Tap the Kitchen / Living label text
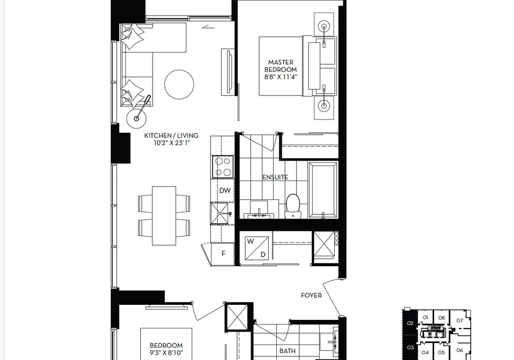click(171, 136)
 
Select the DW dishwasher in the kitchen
click(225, 191)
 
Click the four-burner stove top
click(223, 167)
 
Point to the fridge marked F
click(223, 254)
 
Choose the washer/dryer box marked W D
click(256, 248)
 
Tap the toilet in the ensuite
click(293, 206)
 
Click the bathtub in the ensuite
click(323, 190)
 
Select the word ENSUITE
click(275, 177)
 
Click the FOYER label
click(312, 295)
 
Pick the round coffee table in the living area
click(179, 84)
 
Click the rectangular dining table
click(164, 216)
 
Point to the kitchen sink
click(220, 213)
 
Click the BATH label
click(288, 351)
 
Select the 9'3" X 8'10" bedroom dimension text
click(166, 353)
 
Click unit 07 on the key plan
click(459, 321)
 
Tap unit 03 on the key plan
click(411, 348)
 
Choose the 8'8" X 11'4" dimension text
click(281, 78)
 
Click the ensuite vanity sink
click(259, 214)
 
